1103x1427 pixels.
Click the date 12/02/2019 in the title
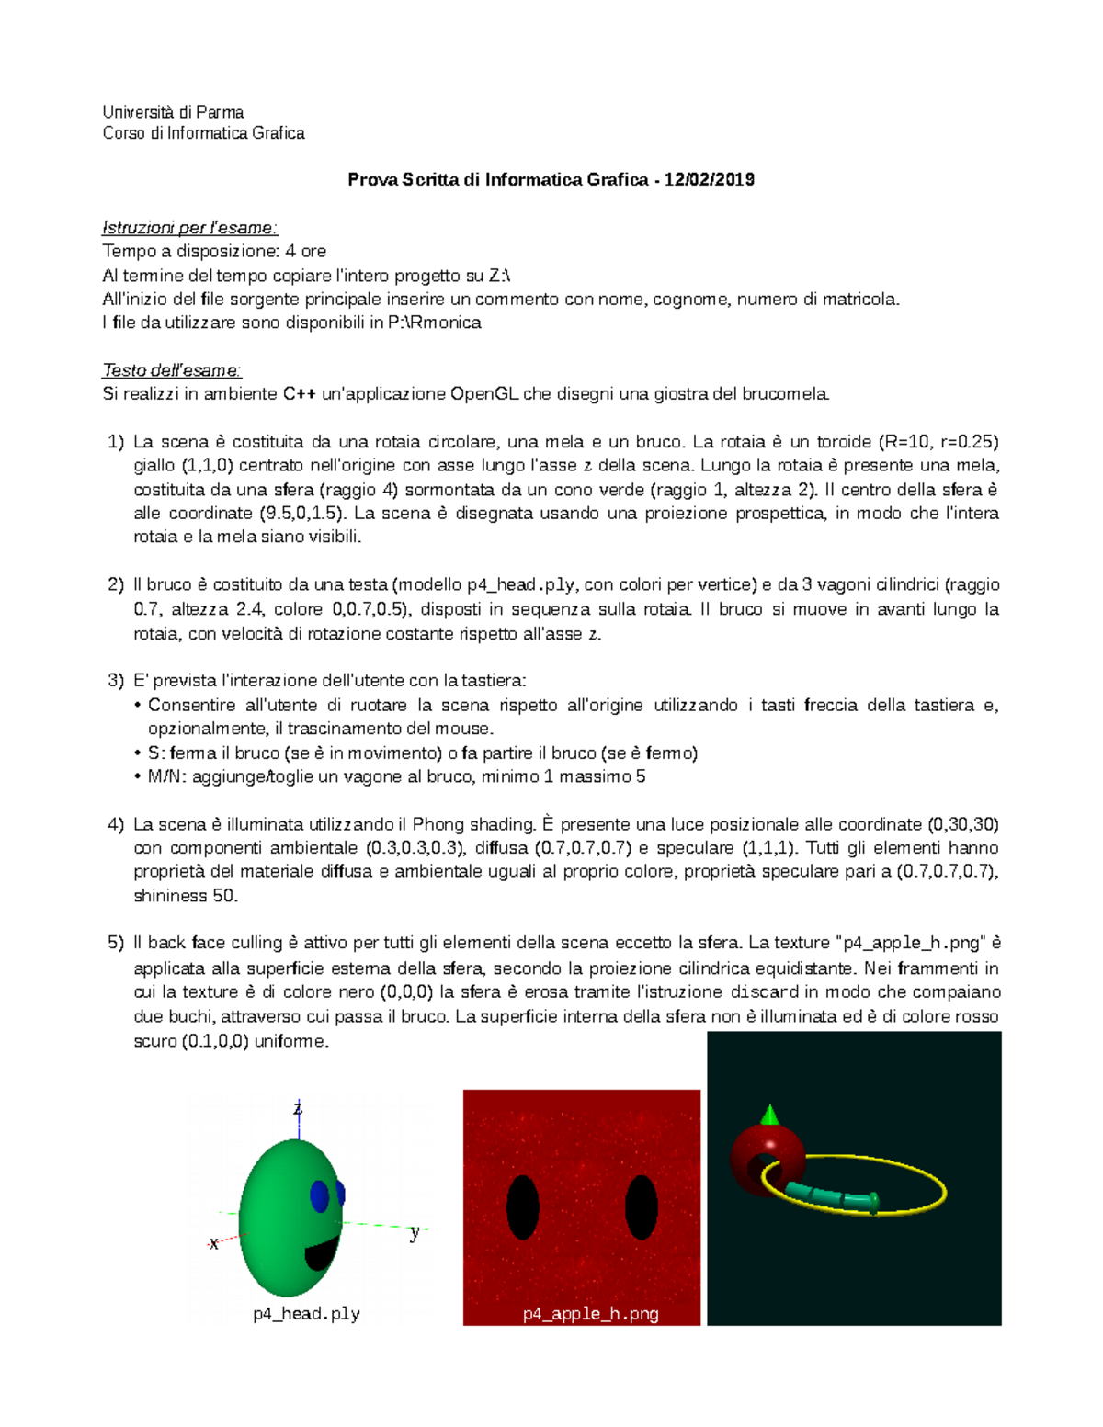click(709, 180)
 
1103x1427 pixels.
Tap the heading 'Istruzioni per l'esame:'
click(189, 228)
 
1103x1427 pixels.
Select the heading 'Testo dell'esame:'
click(172, 370)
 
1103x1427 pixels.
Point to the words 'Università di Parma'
click(173, 112)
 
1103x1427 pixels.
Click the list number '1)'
click(115, 442)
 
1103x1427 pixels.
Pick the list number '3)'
click(115, 681)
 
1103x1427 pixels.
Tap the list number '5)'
click(115, 943)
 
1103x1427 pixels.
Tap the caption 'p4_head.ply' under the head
click(306, 1314)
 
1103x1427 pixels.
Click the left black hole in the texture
click(523, 1207)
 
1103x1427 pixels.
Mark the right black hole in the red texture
click(642, 1207)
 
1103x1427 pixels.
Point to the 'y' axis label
click(415, 1233)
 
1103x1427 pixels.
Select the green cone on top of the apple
click(770, 1116)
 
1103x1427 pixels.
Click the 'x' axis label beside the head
click(214, 1244)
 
